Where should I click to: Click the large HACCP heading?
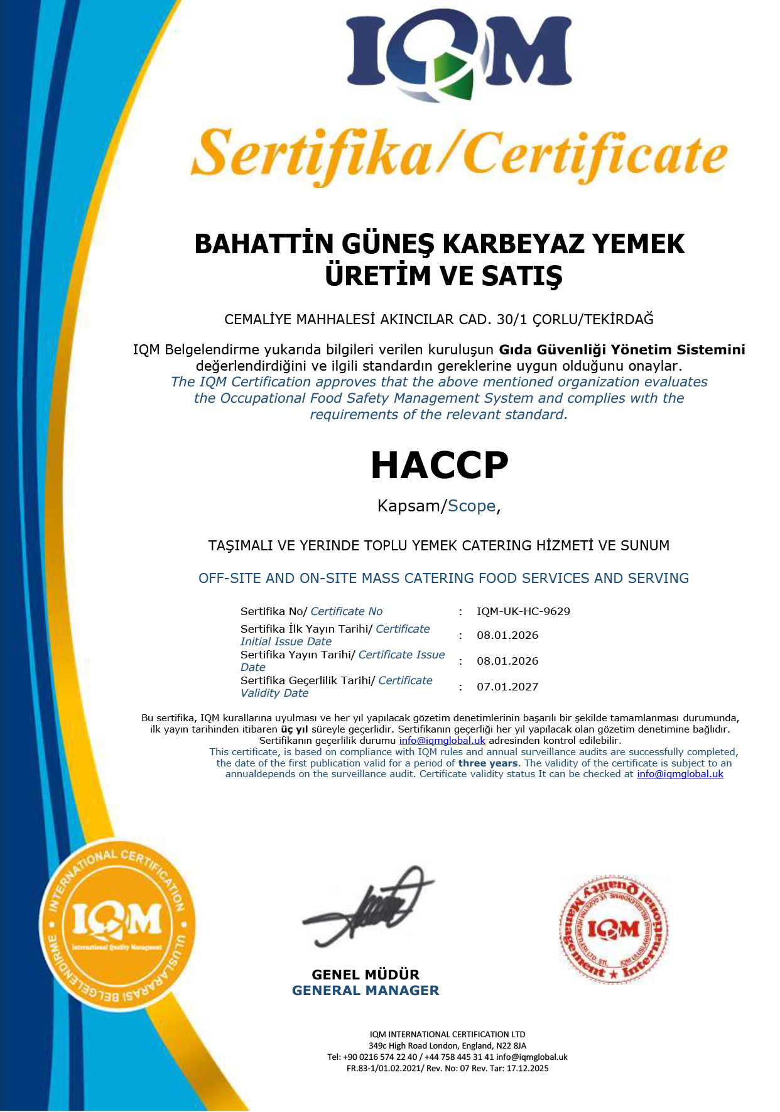tap(439, 466)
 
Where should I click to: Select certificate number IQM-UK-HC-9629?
tap(523, 611)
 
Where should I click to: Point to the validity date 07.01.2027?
tap(507, 687)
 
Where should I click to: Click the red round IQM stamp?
tap(614, 929)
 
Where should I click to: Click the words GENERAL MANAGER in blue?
tap(366, 991)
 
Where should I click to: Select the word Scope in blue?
tap(472, 506)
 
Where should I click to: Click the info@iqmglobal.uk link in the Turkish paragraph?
tap(442, 741)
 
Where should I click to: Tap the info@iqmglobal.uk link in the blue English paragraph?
tap(680, 774)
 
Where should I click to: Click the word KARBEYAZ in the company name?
tap(514, 244)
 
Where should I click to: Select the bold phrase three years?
tap(488, 763)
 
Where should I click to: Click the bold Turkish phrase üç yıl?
tap(295, 729)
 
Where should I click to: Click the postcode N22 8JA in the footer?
tap(511, 1046)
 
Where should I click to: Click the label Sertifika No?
tap(271, 611)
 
